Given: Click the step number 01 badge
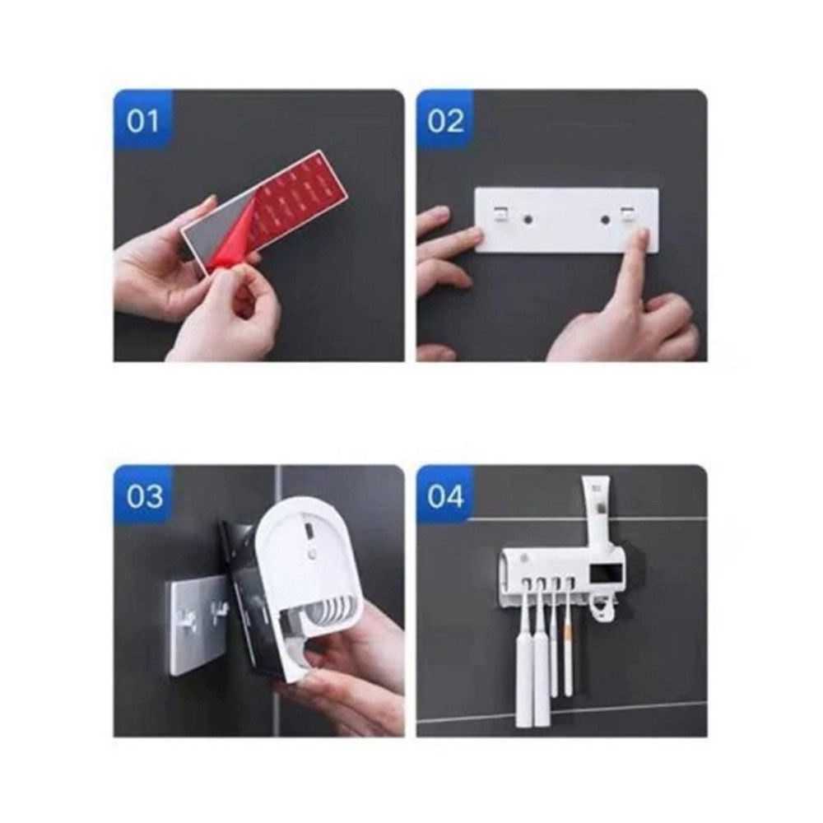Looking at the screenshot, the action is (142, 121).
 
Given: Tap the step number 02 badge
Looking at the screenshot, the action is (445, 121).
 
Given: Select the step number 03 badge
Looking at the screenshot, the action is (142, 496).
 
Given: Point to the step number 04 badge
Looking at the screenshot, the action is (445, 496).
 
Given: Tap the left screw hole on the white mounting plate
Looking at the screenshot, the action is (527, 217).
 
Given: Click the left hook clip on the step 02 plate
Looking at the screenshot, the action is (500, 213).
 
